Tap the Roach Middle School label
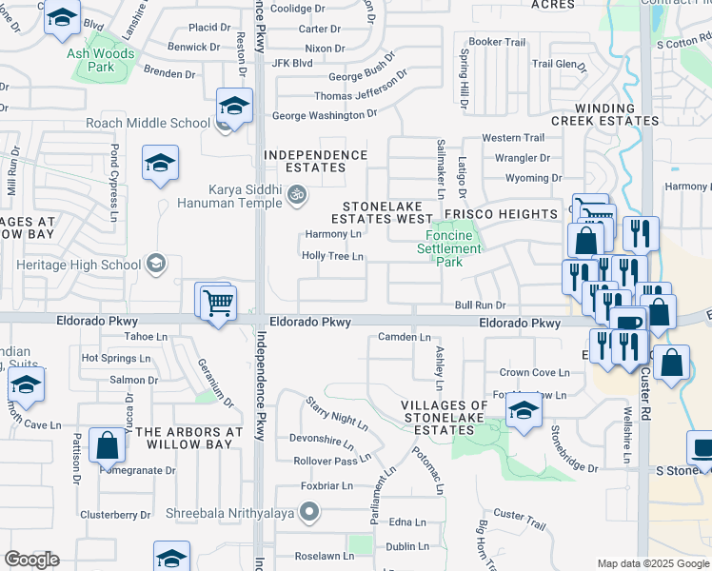click(148, 123)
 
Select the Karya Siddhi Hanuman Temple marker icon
click(297, 196)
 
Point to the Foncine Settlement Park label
click(448, 248)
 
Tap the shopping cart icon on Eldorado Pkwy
click(218, 304)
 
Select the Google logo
click(31, 561)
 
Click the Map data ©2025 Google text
click(652, 563)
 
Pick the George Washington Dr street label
click(324, 115)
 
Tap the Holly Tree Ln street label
click(332, 256)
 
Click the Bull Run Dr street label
click(479, 305)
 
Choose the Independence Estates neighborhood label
click(315, 161)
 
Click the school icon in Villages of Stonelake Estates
click(523, 411)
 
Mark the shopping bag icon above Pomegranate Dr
click(107, 445)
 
